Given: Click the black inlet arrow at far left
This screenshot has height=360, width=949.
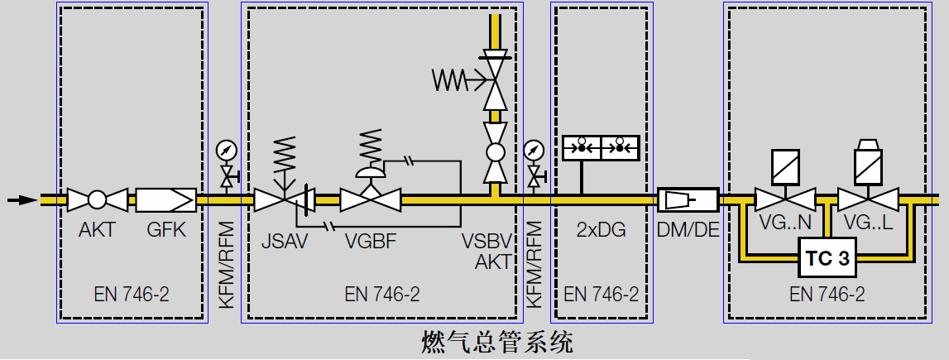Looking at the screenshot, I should (22, 199).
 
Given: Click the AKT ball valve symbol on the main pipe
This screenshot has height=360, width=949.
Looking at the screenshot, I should (97, 199).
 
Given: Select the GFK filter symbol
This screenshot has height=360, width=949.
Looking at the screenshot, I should (165, 199).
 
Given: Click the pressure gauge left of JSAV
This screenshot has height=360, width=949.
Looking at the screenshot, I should (225, 151).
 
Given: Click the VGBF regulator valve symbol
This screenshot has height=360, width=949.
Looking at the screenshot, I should (371, 199).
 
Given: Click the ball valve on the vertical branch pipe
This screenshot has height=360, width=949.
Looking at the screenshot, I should (495, 152).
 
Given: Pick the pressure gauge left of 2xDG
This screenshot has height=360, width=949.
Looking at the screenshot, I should (534, 151).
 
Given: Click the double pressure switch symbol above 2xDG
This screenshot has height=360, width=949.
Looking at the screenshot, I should (601, 147).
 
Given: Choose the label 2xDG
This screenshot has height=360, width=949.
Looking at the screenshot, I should (601, 230).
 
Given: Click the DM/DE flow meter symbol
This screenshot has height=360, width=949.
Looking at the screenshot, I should (688, 199).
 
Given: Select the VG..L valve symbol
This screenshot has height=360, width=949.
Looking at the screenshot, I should (868, 199).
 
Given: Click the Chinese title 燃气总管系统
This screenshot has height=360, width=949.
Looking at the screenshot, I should (496, 342).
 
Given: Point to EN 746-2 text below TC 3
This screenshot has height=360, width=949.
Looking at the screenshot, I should (827, 294).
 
